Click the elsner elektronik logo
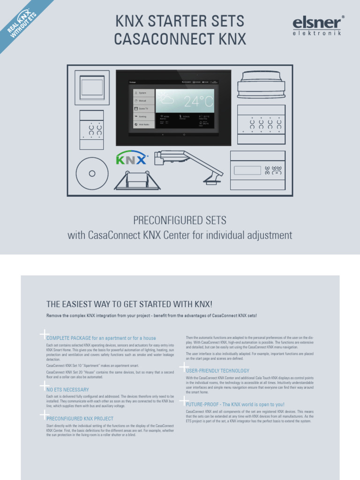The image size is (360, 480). (317, 25)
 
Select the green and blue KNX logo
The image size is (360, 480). (132, 158)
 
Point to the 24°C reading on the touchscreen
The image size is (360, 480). (198, 101)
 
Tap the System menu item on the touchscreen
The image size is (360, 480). (143, 93)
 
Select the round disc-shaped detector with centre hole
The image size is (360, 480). (92, 173)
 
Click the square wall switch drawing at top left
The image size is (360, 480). (92, 87)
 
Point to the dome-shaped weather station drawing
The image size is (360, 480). (261, 84)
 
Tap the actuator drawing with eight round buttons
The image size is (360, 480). (261, 124)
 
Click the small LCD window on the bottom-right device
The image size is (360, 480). (247, 170)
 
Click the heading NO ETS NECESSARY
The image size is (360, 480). (67, 390)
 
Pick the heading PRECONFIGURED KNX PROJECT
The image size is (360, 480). (80, 419)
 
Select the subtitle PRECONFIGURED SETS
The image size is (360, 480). (180, 220)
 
